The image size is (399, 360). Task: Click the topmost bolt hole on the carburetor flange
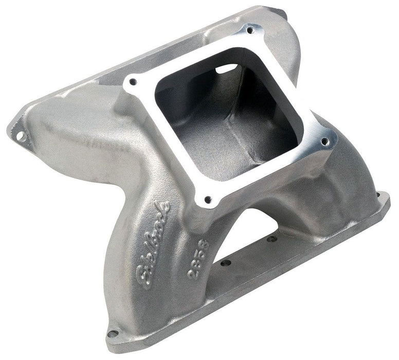[x=250, y=30]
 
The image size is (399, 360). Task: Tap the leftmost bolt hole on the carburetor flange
[x=133, y=81]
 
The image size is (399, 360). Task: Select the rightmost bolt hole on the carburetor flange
[x=325, y=141]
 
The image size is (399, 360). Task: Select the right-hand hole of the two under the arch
[x=272, y=238]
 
